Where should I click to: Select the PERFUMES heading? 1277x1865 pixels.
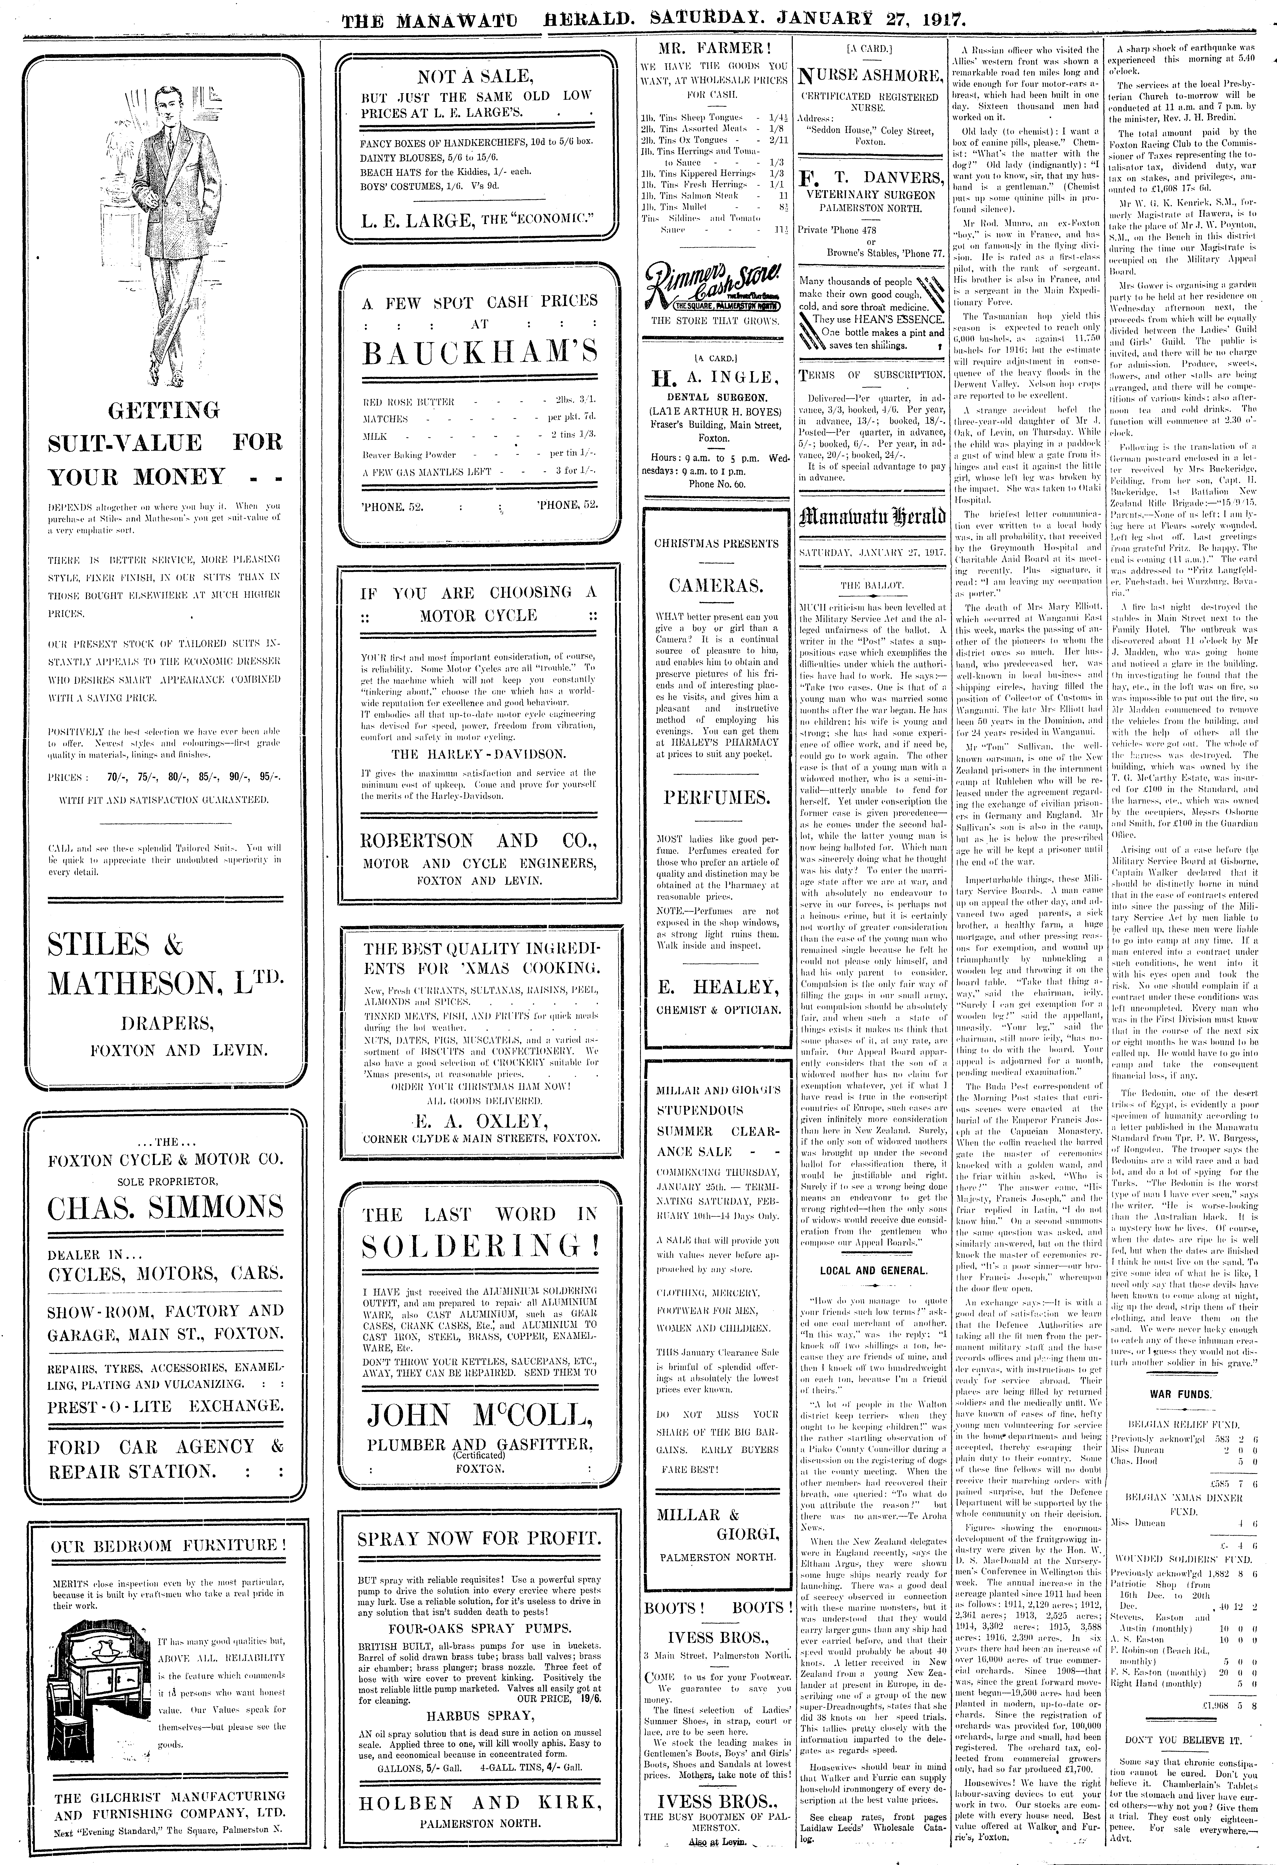point(717,798)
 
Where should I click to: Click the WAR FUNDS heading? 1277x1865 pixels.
point(1180,1394)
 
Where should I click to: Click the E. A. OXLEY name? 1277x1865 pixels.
point(479,1121)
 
